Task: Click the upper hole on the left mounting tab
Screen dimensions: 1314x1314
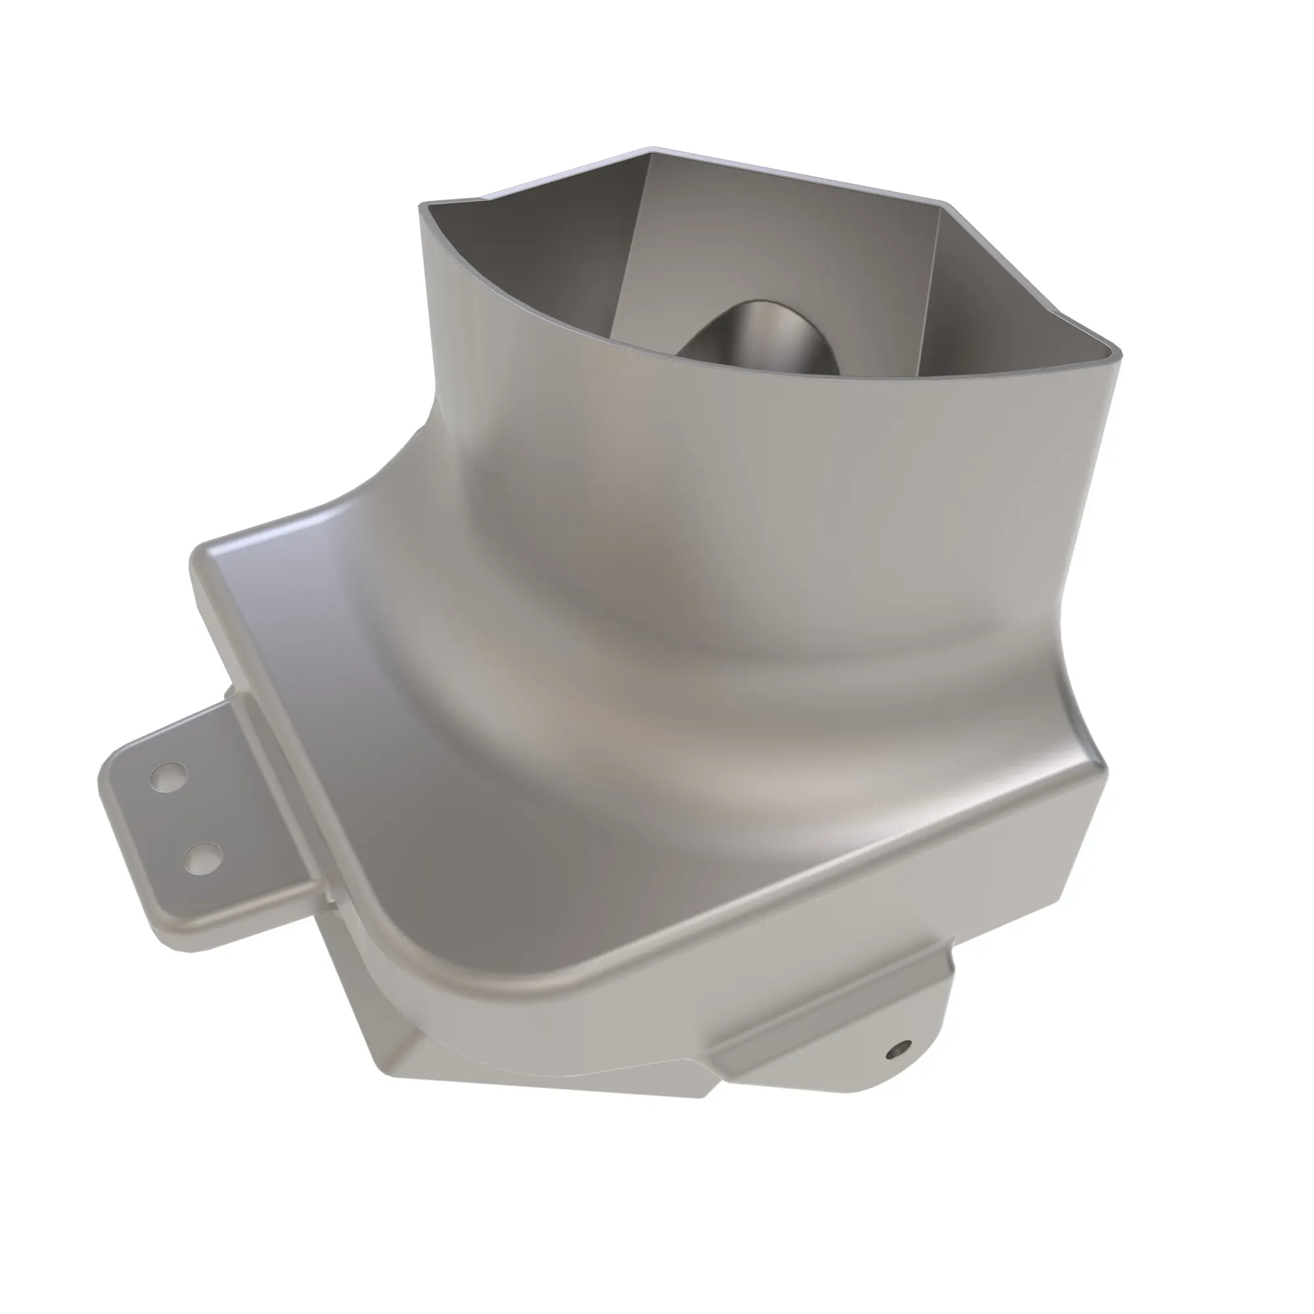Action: pyautogui.click(x=169, y=776)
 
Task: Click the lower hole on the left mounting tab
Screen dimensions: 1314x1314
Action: pyautogui.click(x=202, y=858)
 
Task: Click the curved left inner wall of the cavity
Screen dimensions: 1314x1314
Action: pyautogui.click(x=517, y=272)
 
